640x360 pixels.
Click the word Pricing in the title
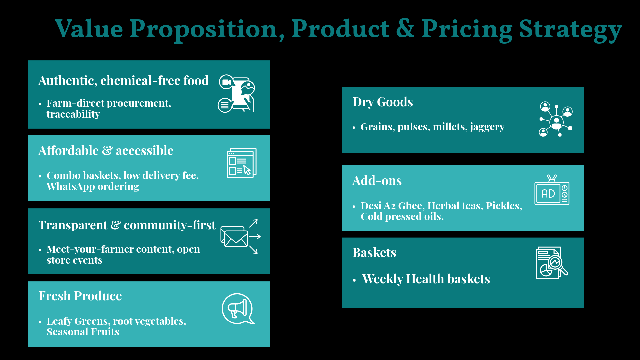click(x=467, y=29)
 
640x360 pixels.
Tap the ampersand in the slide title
click(x=405, y=29)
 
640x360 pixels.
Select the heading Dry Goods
click(x=383, y=102)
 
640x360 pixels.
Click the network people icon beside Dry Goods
click(x=556, y=119)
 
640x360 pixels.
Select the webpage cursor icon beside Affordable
click(x=242, y=163)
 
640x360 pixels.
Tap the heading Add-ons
click(x=377, y=181)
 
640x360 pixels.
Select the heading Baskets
click(x=374, y=253)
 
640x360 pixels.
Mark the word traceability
click(x=73, y=114)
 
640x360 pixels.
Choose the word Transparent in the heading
click(x=73, y=225)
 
